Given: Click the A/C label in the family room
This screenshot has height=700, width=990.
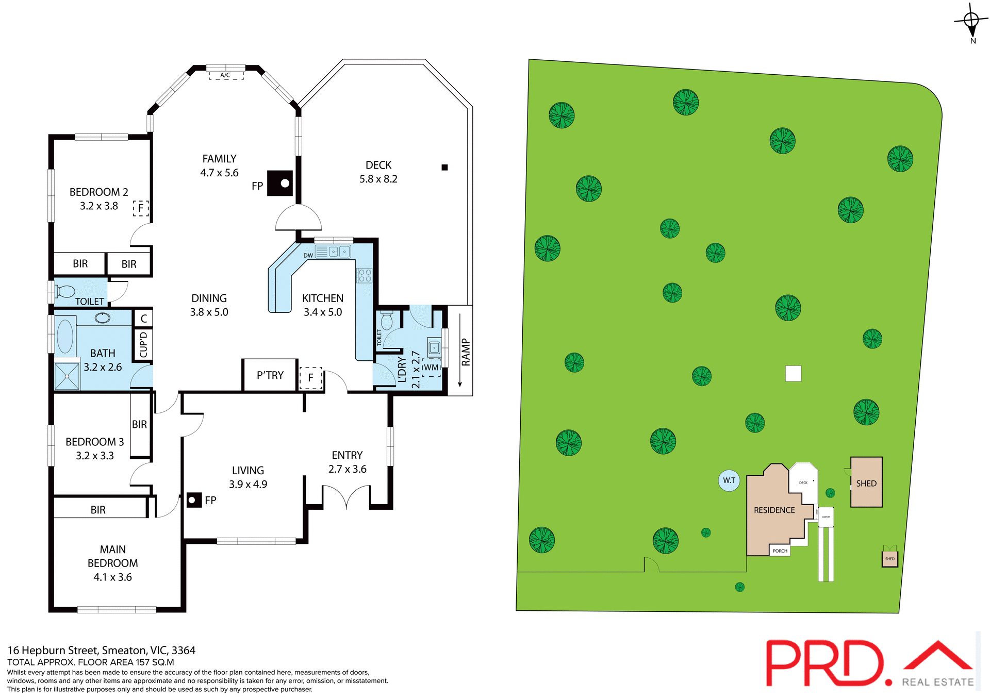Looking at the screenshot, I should click(225, 75).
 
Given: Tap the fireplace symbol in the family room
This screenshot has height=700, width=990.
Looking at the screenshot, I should click(280, 183).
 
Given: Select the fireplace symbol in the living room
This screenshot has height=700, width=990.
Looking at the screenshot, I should click(194, 500).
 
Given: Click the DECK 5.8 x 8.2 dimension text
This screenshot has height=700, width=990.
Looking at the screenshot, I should click(378, 179).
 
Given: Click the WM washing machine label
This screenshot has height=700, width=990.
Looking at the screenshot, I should click(431, 368).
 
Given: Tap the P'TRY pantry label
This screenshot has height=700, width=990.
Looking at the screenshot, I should click(270, 375).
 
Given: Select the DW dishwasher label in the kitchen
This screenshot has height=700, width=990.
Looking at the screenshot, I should click(308, 256).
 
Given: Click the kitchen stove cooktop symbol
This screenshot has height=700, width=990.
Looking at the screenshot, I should click(365, 275).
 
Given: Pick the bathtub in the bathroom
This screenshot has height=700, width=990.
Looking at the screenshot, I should click(65, 336).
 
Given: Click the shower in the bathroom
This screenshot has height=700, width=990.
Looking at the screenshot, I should click(67, 376).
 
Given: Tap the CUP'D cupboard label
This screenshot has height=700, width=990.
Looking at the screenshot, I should click(143, 344).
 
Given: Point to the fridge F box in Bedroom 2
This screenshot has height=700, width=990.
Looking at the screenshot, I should click(141, 208).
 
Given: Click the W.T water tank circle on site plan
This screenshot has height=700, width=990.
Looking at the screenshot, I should click(729, 480).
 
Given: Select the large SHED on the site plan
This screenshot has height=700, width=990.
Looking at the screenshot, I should click(866, 482).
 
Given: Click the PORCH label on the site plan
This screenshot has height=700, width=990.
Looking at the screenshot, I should click(780, 551).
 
